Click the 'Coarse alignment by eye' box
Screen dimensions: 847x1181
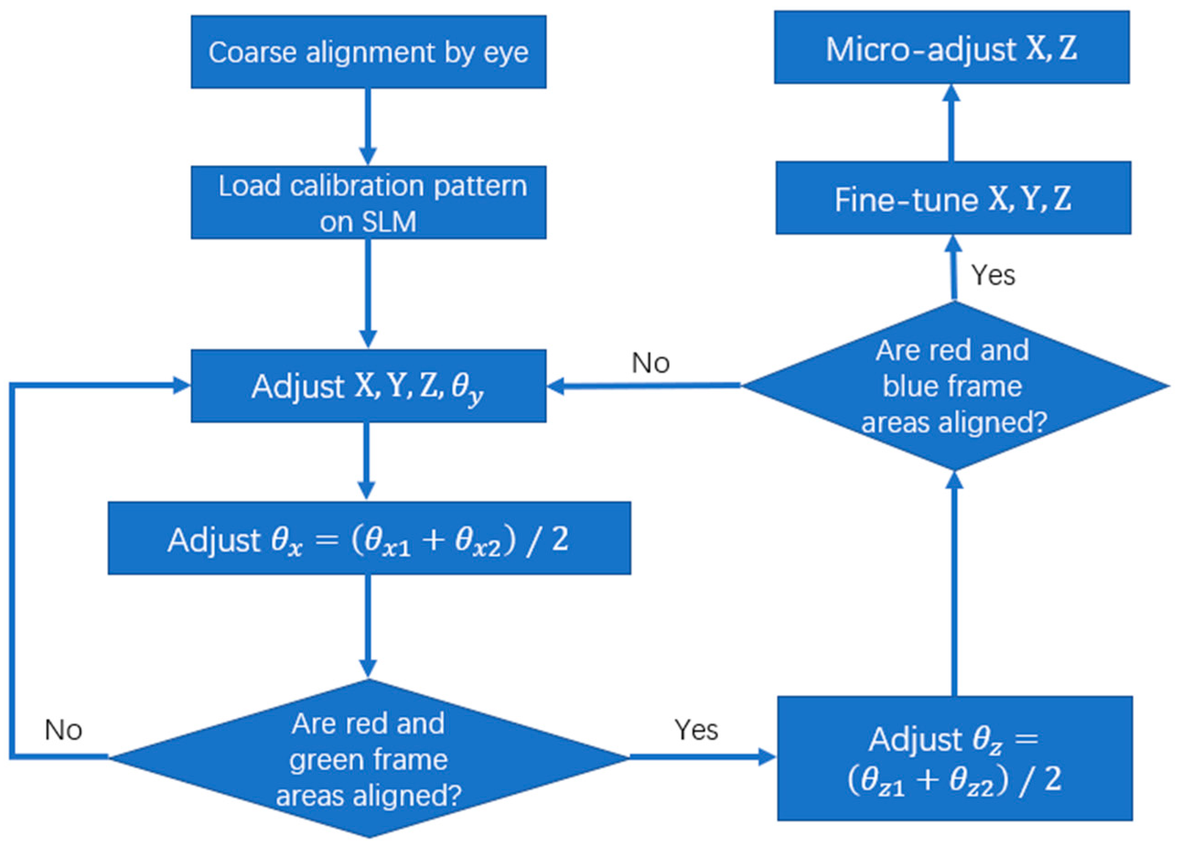[x=368, y=52]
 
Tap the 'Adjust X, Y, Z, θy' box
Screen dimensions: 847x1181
[x=368, y=386]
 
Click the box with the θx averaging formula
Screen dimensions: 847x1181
[x=369, y=539]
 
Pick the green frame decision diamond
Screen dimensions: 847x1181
[x=369, y=758]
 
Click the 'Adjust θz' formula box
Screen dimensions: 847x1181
[x=955, y=758]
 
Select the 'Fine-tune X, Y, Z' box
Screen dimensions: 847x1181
[x=953, y=199]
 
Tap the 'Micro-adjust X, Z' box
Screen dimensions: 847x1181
[x=951, y=48]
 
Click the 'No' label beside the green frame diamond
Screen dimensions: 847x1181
[x=64, y=730]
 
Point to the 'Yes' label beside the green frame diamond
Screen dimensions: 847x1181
[x=696, y=730]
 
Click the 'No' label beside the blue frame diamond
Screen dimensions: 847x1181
[x=650, y=362]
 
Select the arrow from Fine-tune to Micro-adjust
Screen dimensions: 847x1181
[x=952, y=123]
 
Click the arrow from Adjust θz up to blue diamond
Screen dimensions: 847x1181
[x=954, y=583]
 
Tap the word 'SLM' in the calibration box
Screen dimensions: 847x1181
[x=389, y=222]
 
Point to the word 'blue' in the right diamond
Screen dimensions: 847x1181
[x=906, y=387]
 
